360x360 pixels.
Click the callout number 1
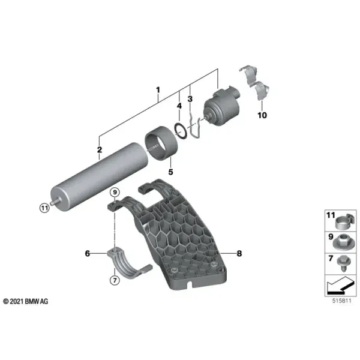(158, 90)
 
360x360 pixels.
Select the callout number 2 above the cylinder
(100, 149)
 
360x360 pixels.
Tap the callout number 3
(190, 99)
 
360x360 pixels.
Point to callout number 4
(179, 106)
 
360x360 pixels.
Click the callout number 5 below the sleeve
(170, 172)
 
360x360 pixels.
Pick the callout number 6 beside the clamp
(88, 253)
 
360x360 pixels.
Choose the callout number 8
(239, 253)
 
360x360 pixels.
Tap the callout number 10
(262, 115)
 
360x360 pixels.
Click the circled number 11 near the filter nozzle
(44, 208)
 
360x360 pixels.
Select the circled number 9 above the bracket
(115, 192)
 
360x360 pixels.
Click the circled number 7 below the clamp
(115, 280)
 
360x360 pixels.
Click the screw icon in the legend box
(344, 263)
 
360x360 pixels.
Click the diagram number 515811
(341, 301)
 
